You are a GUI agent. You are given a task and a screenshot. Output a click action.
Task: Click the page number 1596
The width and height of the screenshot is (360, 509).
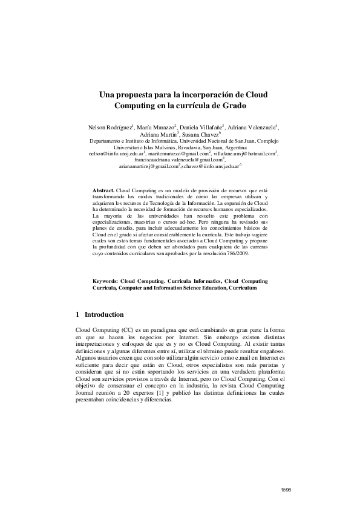[286, 489]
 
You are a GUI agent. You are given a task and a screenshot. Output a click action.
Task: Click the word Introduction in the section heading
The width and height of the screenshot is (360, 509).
[104, 314]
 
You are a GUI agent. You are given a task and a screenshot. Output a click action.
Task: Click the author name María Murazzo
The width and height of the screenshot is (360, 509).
[156, 128]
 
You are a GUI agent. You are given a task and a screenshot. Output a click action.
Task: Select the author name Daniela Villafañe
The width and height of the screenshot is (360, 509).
[201, 128]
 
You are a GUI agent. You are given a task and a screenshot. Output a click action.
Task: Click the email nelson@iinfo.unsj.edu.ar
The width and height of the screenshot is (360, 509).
[119, 154]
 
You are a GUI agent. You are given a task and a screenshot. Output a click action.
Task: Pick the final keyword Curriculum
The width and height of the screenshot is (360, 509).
[243, 288]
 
